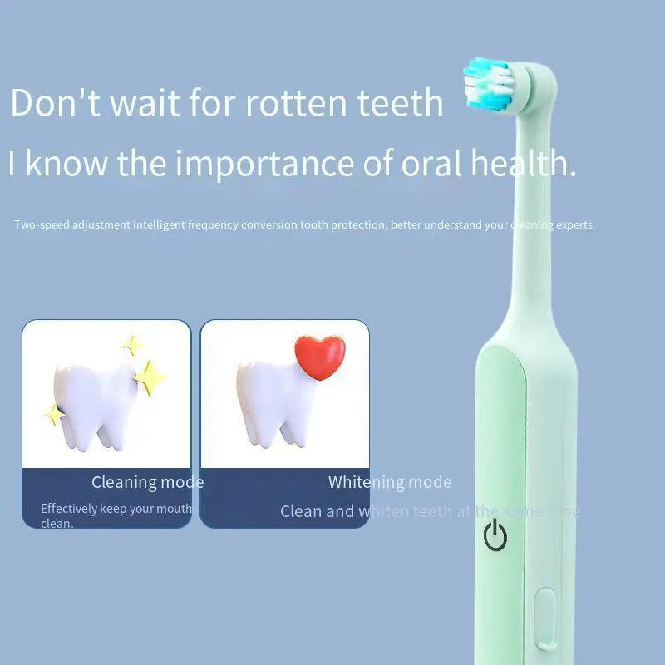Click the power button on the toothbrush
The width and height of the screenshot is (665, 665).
[495, 536]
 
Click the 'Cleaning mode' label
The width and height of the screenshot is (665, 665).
[147, 482]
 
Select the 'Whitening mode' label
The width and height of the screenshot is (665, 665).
[390, 482]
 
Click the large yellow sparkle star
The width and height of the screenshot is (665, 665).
[150, 378]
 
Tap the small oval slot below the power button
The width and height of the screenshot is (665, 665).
[544, 615]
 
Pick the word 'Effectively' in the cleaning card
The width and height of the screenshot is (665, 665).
[69, 509]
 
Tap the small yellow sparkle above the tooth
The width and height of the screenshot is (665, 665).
[131, 344]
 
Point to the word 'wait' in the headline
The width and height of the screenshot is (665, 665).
[133, 103]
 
